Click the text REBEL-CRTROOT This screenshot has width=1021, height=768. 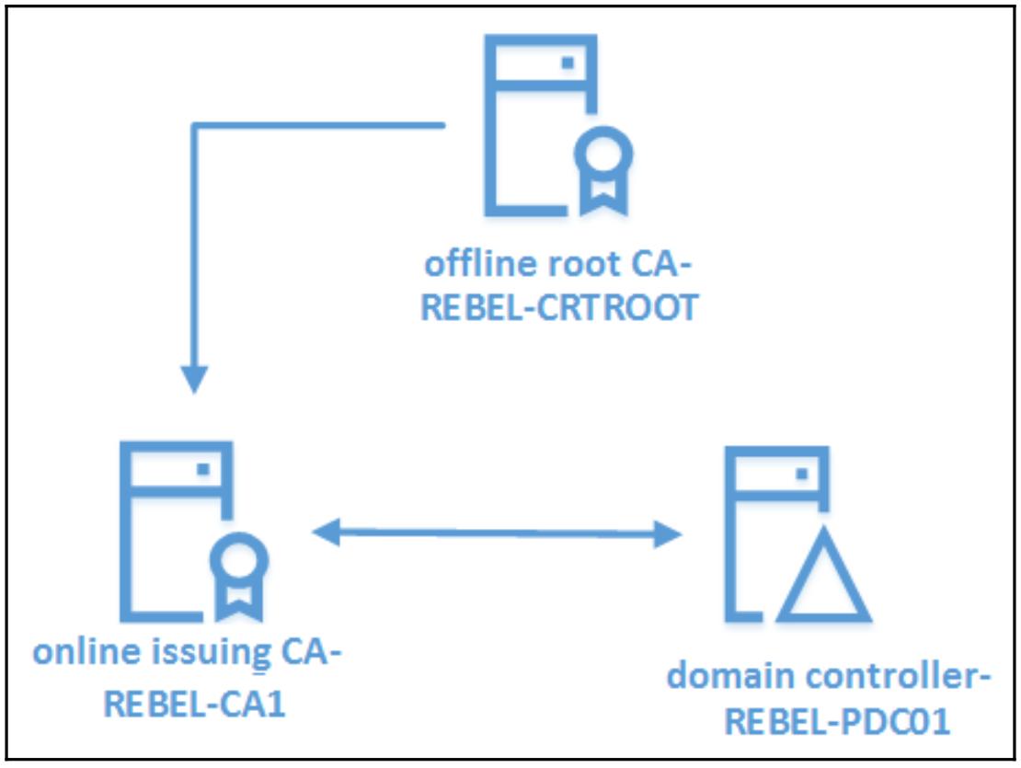coord(558,308)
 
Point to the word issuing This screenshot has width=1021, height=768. coord(212,656)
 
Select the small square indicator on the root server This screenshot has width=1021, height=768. coord(568,63)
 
